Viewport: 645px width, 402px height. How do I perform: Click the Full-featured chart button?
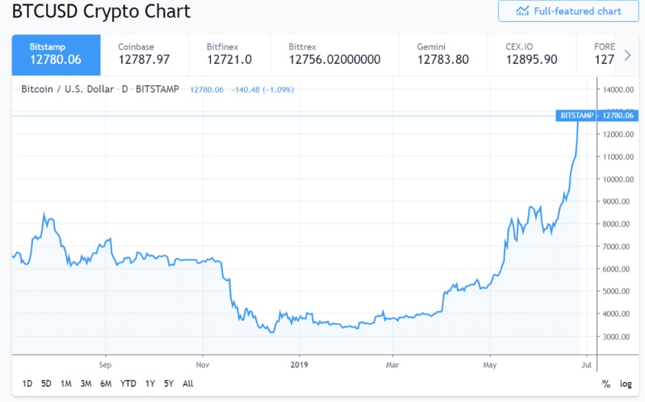(568, 11)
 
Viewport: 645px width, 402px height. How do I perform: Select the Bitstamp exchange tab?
(56, 54)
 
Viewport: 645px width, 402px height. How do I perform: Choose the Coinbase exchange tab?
(144, 54)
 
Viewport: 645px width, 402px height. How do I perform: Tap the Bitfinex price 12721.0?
(229, 60)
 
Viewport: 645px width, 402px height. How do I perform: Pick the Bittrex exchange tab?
(334, 54)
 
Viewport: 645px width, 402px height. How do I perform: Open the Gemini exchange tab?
(443, 54)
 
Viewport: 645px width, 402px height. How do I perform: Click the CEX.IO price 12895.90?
(532, 60)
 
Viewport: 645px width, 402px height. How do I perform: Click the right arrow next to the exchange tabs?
(627, 55)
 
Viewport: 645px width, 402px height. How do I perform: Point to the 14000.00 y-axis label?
(618, 89)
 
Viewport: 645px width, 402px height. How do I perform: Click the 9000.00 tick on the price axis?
(618, 202)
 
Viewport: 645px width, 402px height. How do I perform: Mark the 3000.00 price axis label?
(618, 337)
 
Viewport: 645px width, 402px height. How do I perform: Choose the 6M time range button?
(106, 383)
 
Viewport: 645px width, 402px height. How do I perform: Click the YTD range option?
(128, 383)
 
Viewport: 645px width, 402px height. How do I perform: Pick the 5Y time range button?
(169, 383)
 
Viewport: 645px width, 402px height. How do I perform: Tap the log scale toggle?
(626, 384)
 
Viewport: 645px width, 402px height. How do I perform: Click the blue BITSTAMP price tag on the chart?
(576, 115)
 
